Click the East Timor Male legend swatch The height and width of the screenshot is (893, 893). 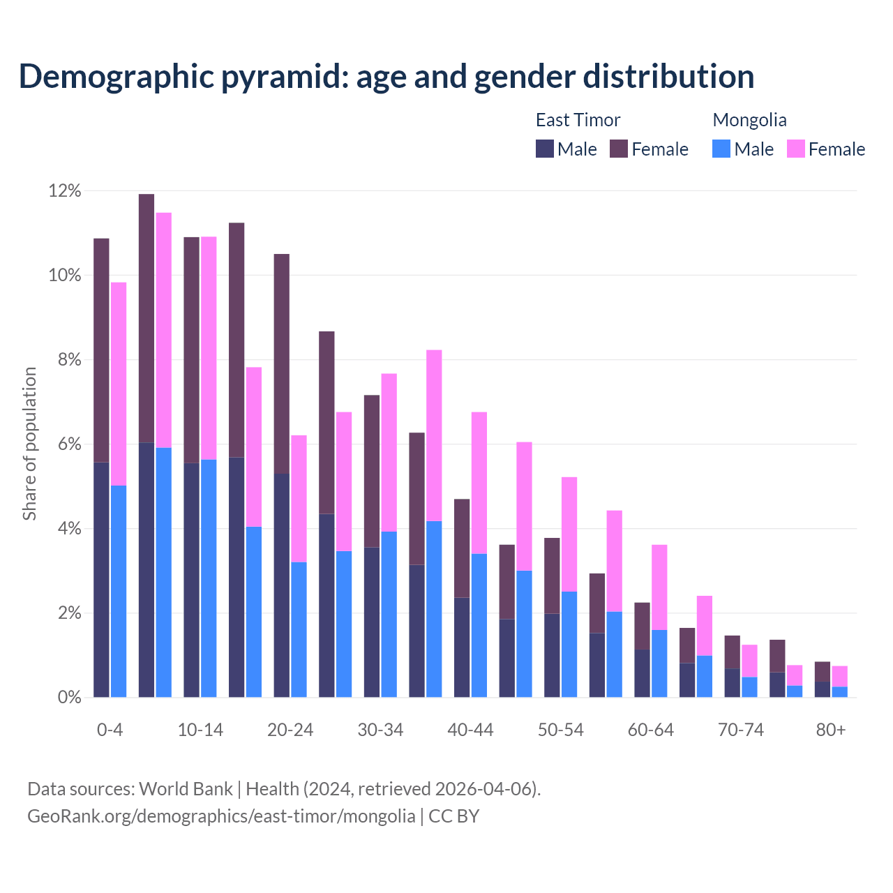click(x=544, y=149)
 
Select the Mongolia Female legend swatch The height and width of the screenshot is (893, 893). click(x=795, y=149)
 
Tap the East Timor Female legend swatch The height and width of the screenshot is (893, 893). click(x=619, y=149)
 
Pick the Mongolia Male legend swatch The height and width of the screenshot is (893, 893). click(x=721, y=149)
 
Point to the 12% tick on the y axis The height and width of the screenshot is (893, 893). click(x=64, y=191)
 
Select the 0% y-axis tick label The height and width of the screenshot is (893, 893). click(x=68, y=698)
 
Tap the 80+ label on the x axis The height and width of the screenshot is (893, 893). click(x=831, y=730)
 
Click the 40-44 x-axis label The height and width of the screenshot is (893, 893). click(x=470, y=730)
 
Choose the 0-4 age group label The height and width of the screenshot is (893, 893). click(x=110, y=730)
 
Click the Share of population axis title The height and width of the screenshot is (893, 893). click(x=30, y=444)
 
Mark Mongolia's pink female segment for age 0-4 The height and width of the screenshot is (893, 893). click(x=119, y=384)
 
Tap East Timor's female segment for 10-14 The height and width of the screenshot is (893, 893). click(x=192, y=350)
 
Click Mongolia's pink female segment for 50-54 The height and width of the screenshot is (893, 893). click(x=569, y=534)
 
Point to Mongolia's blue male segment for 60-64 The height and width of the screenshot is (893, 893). click(x=659, y=663)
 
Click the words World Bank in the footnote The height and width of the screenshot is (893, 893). click(x=186, y=789)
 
